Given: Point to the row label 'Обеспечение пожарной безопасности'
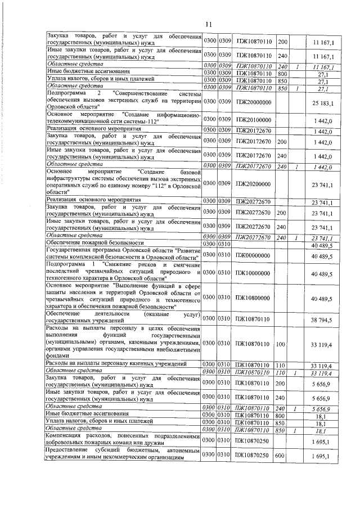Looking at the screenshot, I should (x=88, y=243).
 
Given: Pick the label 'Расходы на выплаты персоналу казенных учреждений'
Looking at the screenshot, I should (x=116, y=365).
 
